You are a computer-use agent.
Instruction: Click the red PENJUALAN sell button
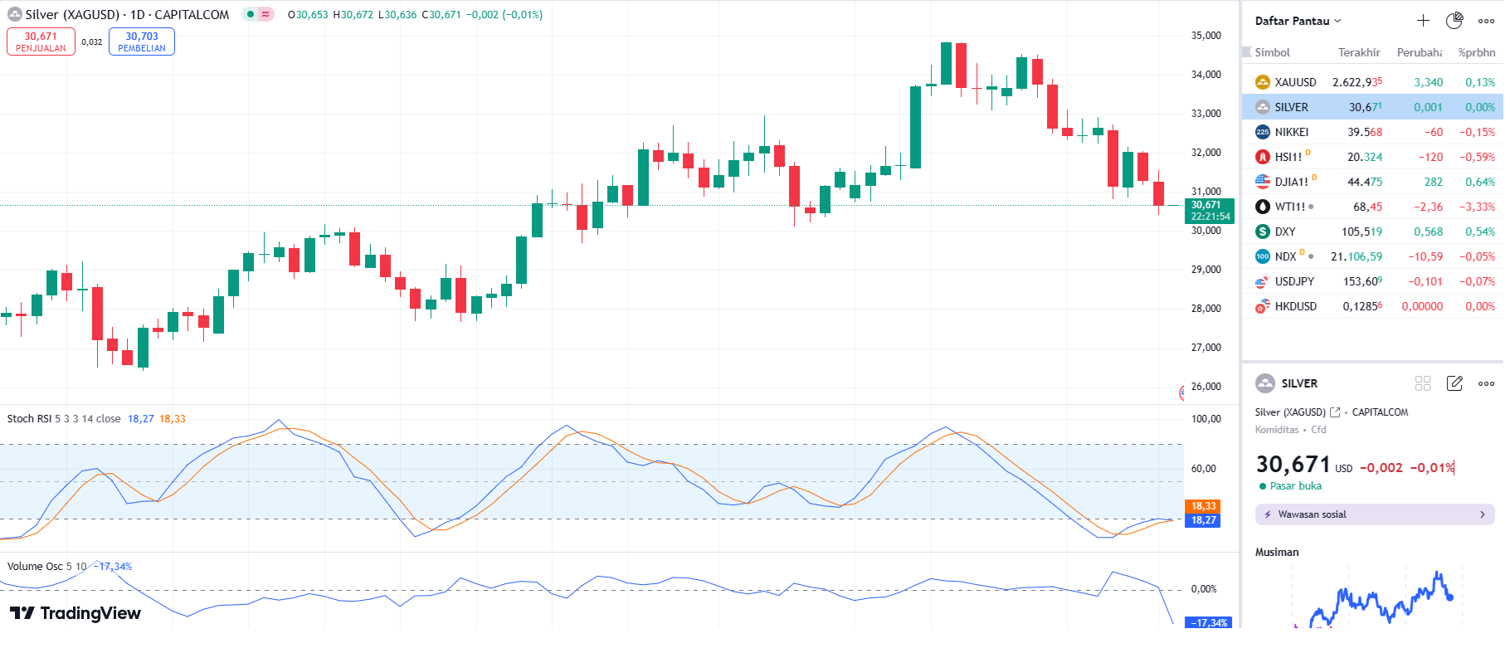pyautogui.click(x=41, y=41)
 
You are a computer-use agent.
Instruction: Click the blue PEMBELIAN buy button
pyautogui.click(x=142, y=41)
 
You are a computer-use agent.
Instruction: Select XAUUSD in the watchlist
pyautogui.click(x=1295, y=82)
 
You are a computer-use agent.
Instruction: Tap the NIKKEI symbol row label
pyautogui.click(x=1291, y=132)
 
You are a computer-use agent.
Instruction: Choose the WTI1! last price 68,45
pyautogui.click(x=1367, y=207)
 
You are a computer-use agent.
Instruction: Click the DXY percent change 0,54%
pyautogui.click(x=1479, y=232)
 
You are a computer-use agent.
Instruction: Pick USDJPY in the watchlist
pyautogui.click(x=1293, y=281)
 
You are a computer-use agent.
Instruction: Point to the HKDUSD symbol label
pyautogui.click(x=1295, y=306)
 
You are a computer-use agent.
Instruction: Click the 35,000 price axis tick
pyautogui.click(x=1205, y=36)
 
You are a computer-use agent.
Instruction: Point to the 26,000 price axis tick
pyautogui.click(x=1205, y=387)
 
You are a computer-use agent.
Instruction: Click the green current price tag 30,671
pyautogui.click(x=1210, y=211)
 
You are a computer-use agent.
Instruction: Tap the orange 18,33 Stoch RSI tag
pyautogui.click(x=1203, y=506)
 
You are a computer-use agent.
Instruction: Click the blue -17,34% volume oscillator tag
pyautogui.click(x=1209, y=622)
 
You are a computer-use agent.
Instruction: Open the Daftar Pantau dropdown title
pyautogui.click(x=1297, y=21)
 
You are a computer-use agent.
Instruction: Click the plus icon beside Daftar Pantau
pyautogui.click(x=1423, y=21)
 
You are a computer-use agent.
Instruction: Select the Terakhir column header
pyautogui.click(x=1358, y=52)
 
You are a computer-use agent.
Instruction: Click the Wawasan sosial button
pyautogui.click(x=1374, y=514)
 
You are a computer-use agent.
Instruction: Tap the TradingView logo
pyautogui.click(x=75, y=613)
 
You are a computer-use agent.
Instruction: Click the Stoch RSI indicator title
pyautogui.click(x=29, y=419)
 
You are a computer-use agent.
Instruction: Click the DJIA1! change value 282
pyautogui.click(x=1433, y=182)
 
